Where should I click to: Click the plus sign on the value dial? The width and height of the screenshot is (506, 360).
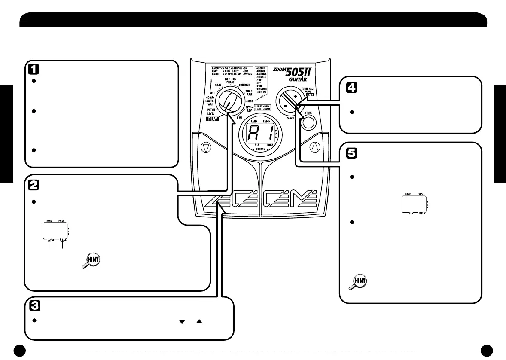tap(295, 98)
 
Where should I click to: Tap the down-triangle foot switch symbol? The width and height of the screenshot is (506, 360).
tap(205, 146)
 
